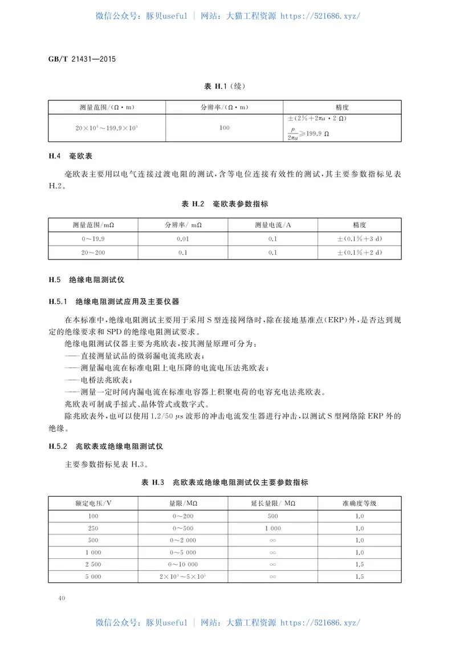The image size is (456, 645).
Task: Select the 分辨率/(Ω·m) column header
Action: (x=225, y=107)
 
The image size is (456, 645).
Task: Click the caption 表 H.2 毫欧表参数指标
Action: (x=225, y=204)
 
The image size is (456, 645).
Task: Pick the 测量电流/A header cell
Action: (x=272, y=225)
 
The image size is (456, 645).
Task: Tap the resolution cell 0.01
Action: (x=184, y=239)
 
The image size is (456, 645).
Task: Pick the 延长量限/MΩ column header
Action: (x=272, y=503)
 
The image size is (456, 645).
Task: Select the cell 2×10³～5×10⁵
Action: (x=184, y=577)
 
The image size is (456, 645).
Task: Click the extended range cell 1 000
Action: (x=272, y=528)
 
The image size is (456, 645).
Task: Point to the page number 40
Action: (x=62, y=598)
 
